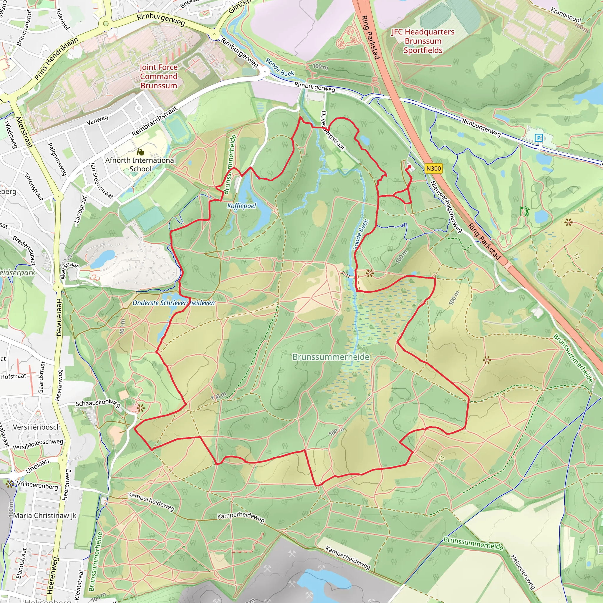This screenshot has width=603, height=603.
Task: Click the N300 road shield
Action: [x=433, y=169]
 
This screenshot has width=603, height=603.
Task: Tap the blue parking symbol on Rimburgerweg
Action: [x=539, y=138]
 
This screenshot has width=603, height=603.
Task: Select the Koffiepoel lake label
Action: [x=241, y=206]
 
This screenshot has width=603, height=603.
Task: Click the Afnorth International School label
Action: [x=140, y=165]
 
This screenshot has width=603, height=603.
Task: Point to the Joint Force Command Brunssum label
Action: [x=159, y=77]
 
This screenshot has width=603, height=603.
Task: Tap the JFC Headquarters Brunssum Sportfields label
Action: [x=423, y=41]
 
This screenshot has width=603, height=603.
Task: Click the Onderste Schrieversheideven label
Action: [x=173, y=303]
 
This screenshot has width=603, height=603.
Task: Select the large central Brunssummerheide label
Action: [x=331, y=357]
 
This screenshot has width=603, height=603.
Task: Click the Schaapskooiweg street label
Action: [x=98, y=403]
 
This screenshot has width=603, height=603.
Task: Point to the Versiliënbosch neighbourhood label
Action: [x=37, y=427]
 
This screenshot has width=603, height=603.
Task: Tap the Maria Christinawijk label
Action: [x=45, y=515]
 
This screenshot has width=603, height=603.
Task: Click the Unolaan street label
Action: [x=37, y=466]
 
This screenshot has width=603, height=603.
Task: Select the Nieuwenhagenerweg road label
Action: [x=446, y=206]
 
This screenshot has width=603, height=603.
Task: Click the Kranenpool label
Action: [x=566, y=15]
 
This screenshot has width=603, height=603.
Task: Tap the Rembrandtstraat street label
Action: [x=155, y=121]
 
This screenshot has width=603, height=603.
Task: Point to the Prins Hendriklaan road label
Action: [x=56, y=59]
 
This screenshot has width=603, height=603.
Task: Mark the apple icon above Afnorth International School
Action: [x=140, y=152]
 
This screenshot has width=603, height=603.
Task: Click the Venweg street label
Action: [x=97, y=120]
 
